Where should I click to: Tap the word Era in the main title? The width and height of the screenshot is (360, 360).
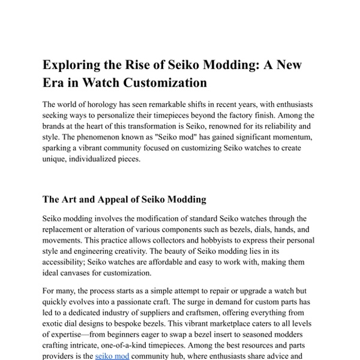tap(54, 83)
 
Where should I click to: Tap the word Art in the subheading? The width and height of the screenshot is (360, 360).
tap(74, 199)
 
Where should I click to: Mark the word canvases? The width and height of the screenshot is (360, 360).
tap(83, 273)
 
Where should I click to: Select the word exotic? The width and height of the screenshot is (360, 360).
tap(55, 323)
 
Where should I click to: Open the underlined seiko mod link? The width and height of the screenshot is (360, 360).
tap(112, 356)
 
